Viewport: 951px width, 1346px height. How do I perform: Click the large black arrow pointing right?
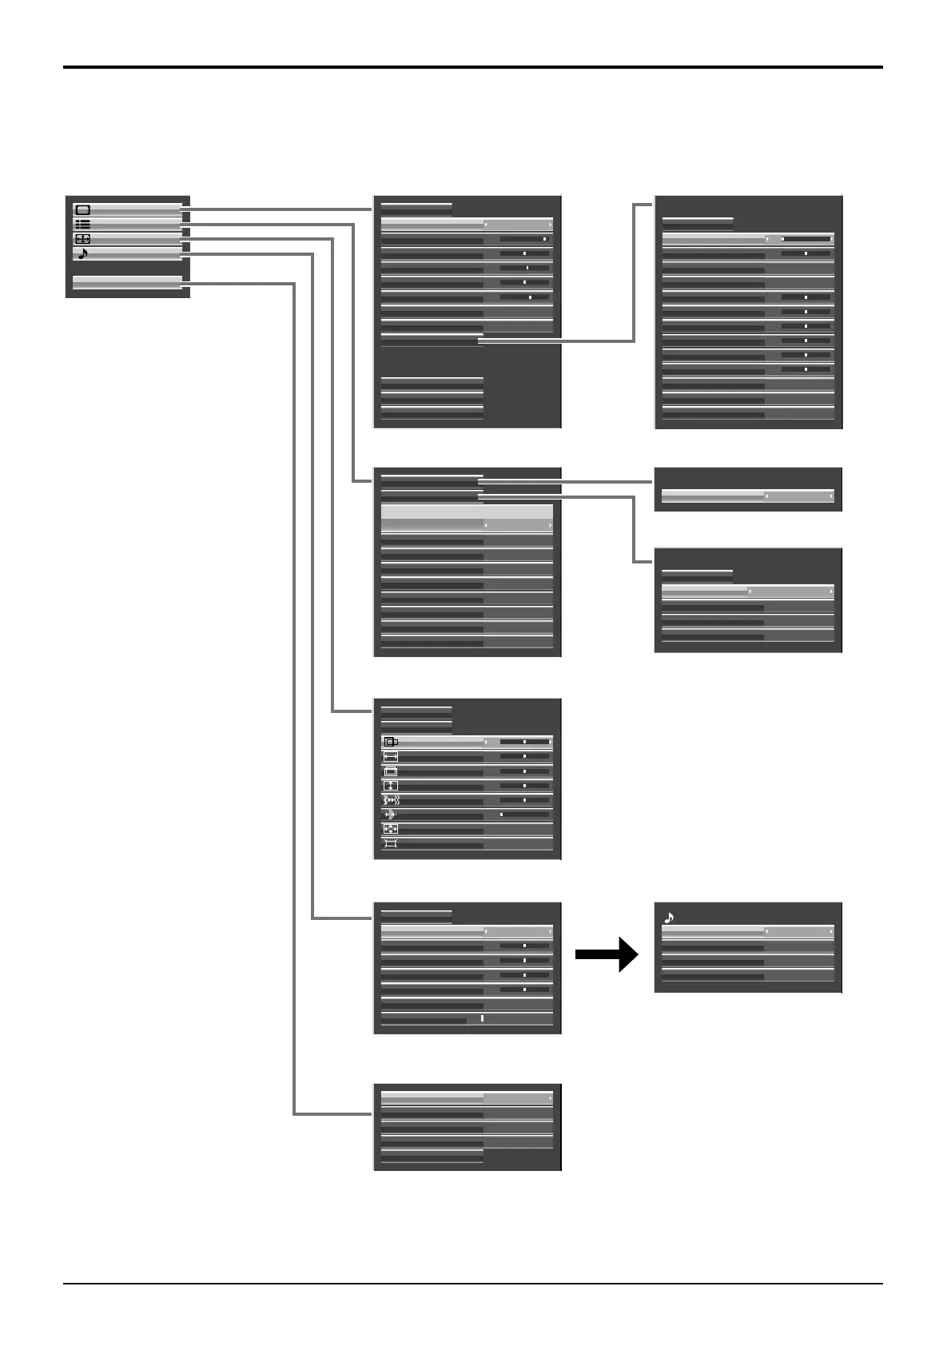(x=607, y=954)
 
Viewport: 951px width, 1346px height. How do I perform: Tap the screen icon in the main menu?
(x=82, y=210)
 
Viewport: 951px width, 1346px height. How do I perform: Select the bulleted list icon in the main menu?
(x=82, y=225)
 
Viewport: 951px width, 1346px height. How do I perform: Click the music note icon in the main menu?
(x=83, y=254)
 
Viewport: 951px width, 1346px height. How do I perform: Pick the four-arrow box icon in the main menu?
(x=82, y=239)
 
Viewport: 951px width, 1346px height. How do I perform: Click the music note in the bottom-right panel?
(x=669, y=918)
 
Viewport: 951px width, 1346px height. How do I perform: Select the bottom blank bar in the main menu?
(x=127, y=282)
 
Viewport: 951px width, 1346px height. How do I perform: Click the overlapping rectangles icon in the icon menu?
(x=391, y=742)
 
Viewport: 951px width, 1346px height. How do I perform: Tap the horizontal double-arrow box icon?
(x=391, y=757)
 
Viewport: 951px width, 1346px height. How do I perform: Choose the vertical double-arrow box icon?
(x=391, y=786)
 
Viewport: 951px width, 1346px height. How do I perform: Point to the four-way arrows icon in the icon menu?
(x=391, y=829)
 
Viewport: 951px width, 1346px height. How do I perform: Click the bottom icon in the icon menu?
(x=391, y=844)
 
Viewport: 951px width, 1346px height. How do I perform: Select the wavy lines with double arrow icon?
(x=391, y=800)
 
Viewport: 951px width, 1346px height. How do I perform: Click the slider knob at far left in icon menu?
(x=501, y=814)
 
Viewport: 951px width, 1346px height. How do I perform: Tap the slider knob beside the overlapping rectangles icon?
(x=524, y=742)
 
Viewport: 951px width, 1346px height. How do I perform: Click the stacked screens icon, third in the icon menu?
(x=391, y=771)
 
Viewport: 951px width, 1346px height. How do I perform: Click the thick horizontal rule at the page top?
(x=473, y=67)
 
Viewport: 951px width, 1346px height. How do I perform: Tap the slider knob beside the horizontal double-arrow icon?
(x=524, y=756)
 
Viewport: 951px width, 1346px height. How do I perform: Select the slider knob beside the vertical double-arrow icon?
(x=524, y=786)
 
